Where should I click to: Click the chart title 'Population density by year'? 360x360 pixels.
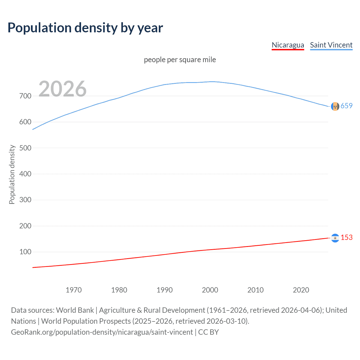pyautogui.click(x=85, y=28)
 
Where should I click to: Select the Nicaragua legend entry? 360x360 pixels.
pyautogui.click(x=288, y=45)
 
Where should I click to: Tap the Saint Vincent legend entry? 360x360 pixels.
pyautogui.click(x=331, y=45)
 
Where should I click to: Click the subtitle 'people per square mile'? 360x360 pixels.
pyautogui.click(x=180, y=60)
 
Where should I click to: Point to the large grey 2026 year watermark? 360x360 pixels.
pyautogui.click(x=62, y=89)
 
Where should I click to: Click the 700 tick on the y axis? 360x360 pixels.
pyautogui.click(x=25, y=96)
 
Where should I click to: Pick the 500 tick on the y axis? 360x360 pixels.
pyautogui.click(x=25, y=148)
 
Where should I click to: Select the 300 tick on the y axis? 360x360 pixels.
pyautogui.click(x=25, y=200)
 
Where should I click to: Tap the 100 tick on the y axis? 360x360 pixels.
pyautogui.click(x=25, y=252)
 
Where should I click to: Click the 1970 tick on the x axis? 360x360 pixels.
pyautogui.click(x=74, y=290)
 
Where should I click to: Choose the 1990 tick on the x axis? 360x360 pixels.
pyautogui.click(x=165, y=290)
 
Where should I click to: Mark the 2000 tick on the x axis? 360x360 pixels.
pyautogui.click(x=210, y=290)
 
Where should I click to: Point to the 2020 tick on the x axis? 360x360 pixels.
pyautogui.click(x=301, y=290)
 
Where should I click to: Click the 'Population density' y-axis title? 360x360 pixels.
pyautogui.click(x=12, y=174)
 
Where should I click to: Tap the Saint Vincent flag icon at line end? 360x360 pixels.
pyautogui.click(x=335, y=106)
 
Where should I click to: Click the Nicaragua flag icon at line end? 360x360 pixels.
pyautogui.click(x=335, y=238)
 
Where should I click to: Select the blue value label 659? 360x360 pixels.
pyautogui.click(x=346, y=106)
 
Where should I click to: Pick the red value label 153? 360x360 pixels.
pyautogui.click(x=346, y=238)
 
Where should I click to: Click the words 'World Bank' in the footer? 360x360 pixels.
pyautogui.click(x=75, y=310)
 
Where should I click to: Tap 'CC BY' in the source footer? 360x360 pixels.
pyautogui.click(x=208, y=332)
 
